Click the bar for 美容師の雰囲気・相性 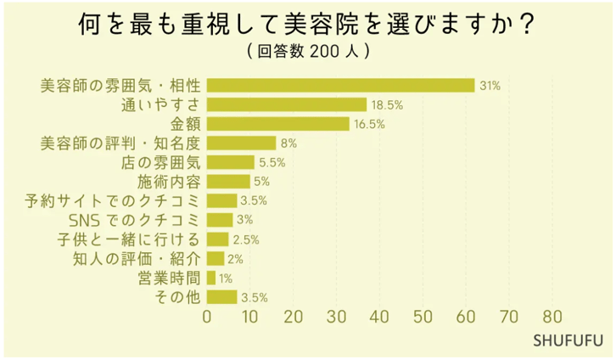[340, 85]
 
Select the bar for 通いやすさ [287, 104]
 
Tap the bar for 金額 [278, 124]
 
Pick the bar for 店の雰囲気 [231, 162]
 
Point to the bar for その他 [222, 297]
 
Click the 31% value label [490, 86]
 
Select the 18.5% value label [387, 105]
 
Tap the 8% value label [288, 143]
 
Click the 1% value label [226, 278]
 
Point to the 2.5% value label [246, 239]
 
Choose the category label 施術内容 [169, 182]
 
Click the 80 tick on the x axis [552, 318]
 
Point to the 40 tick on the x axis [379, 318]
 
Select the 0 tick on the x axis [207, 318]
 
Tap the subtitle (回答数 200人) [307, 52]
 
